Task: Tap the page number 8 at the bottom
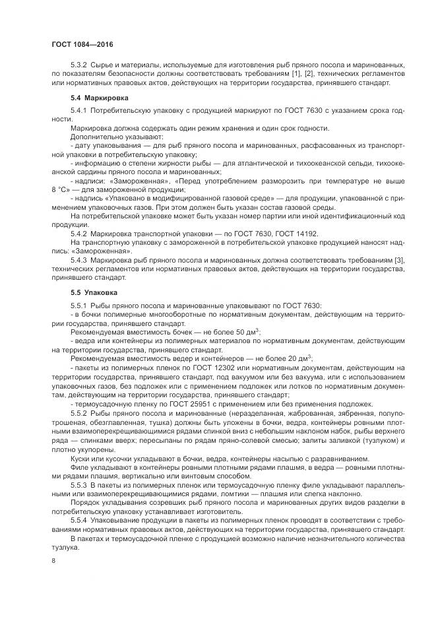53,560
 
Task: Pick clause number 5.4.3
78,261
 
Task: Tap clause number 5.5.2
78,412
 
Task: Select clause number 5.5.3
78,485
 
